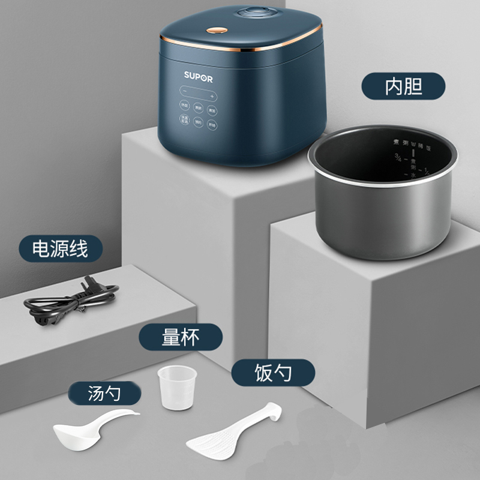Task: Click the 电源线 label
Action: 60,247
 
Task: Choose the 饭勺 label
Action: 272,373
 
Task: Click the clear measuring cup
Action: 177,388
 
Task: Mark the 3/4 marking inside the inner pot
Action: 397,158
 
